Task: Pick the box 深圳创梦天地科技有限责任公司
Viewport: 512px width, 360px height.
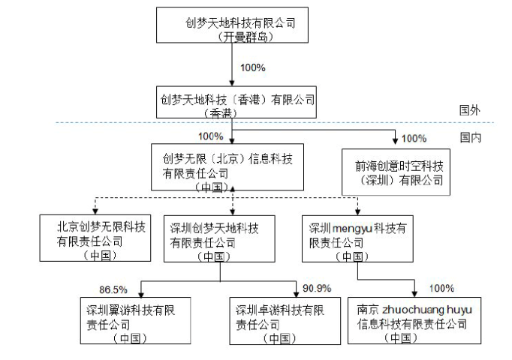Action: pos(220,238)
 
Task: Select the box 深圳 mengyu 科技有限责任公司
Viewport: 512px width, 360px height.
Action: pos(357,238)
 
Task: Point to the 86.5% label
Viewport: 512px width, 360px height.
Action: pos(113,288)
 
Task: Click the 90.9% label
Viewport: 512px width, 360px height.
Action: pos(316,288)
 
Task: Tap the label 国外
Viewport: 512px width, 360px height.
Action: pos(470,109)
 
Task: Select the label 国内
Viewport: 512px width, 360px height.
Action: pos(470,138)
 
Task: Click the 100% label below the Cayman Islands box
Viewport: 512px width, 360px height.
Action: pos(253,67)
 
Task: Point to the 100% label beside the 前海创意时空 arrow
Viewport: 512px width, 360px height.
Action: pos(414,138)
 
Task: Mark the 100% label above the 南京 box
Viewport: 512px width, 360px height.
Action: pos(441,288)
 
